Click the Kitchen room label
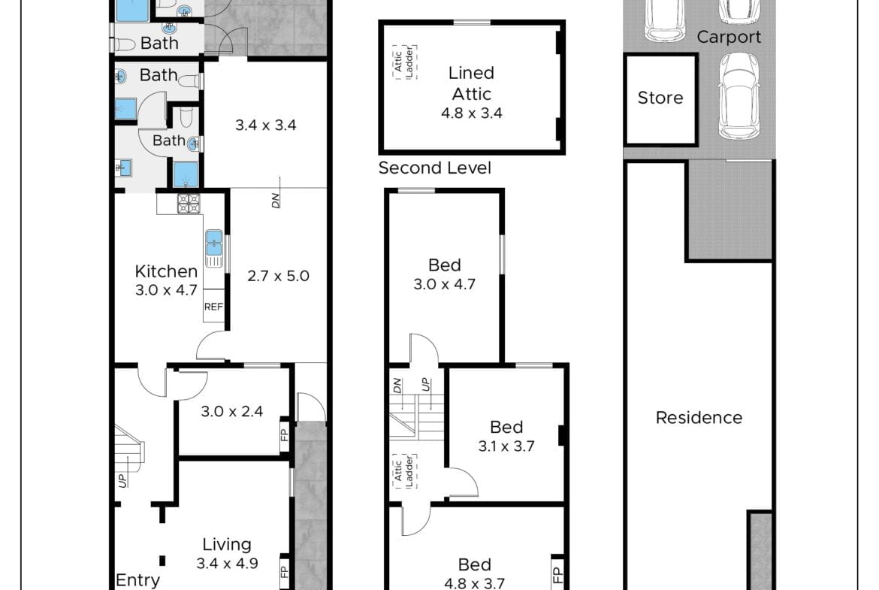[x=166, y=271]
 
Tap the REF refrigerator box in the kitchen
[x=213, y=306]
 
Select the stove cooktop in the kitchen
[x=189, y=203]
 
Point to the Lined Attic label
[x=472, y=83]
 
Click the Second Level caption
[x=434, y=168]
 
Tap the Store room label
[x=660, y=98]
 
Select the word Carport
[x=729, y=37]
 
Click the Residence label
[x=699, y=417]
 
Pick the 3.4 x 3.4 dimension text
[x=266, y=125]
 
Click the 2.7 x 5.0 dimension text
[x=278, y=276]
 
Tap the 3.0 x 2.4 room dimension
[x=232, y=411]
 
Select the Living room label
[x=226, y=544]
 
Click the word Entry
[x=138, y=580]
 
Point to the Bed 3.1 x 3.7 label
[x=506, y=437]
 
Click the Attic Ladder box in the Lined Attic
[x=405, y=62]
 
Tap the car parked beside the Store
[x=739, y=96]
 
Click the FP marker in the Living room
[x=284, y=572]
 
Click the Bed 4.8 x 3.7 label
[x=474, y=573]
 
